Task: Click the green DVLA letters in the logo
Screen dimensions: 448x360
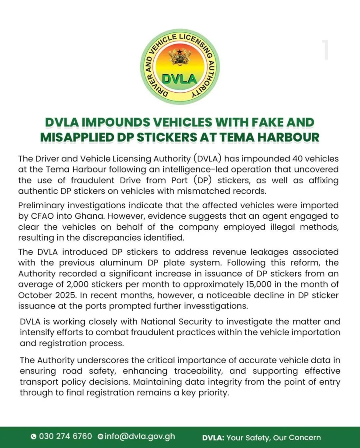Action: (x=180, y=79)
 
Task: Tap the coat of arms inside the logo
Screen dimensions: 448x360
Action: (x=180, y=57)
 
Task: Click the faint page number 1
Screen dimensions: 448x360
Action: (x=325, y=50)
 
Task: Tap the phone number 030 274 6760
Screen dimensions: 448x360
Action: (x=65, y=437)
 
